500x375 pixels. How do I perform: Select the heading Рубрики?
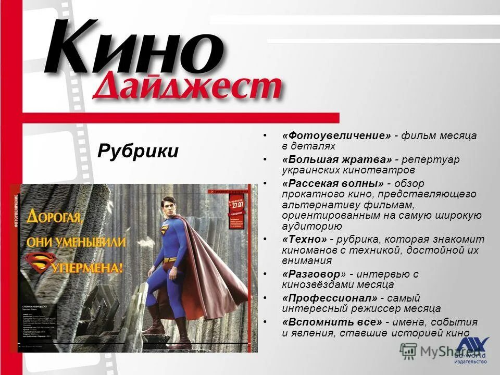coord(137,152)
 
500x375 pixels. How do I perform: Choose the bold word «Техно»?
coord(305,240)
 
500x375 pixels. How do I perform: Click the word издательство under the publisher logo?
coord(470,361)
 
